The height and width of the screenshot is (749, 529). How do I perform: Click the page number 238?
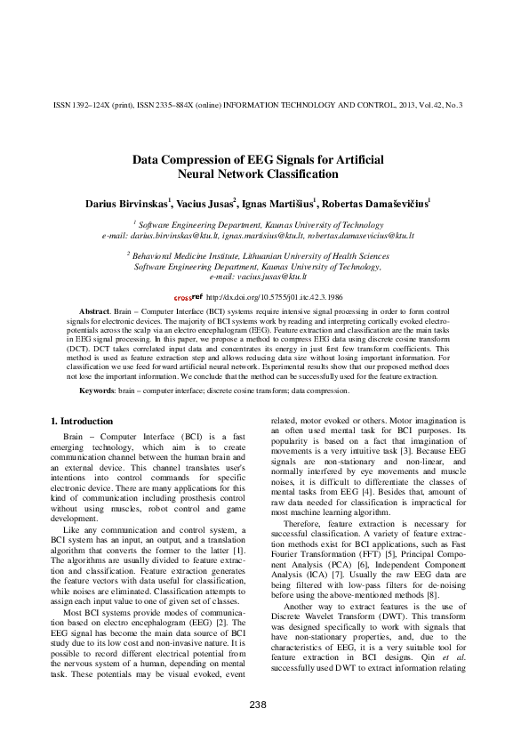pos(258,705)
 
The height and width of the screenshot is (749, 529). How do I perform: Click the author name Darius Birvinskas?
pos(128,204)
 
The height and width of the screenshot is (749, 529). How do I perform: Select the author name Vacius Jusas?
pos(205,204)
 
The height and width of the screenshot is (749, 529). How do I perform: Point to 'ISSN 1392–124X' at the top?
pos(78,105)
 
